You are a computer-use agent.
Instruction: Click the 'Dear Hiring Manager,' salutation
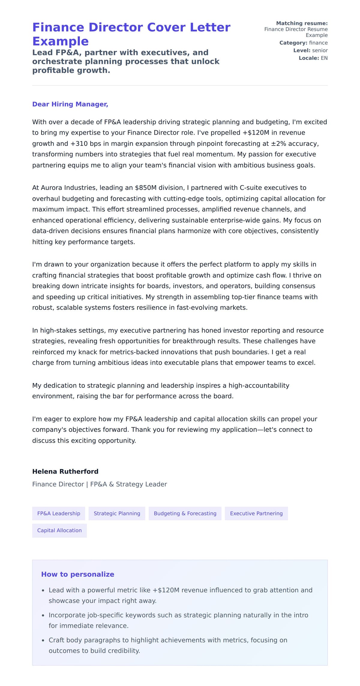(x=70, y=104)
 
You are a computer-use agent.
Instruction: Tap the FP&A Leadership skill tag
(x=58, y=513)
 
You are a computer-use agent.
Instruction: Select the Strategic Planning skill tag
(x=117, y=513)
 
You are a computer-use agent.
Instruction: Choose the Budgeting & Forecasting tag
(x=185, y=513)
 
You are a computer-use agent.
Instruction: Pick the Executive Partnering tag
(x=256, y=513)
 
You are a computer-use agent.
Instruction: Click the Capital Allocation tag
(x=59, y=530)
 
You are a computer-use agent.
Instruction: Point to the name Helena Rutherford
(x=65, y=471)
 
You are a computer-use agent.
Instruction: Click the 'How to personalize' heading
(x=77, y=574)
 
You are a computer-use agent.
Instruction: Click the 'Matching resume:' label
(x=301, y=23)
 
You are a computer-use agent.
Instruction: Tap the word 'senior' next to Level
(x=320, y=50)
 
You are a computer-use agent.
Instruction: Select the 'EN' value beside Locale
(x=324, y=58)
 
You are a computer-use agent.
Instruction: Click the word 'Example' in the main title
(x=60, y=41)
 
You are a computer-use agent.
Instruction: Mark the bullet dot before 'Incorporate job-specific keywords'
(x=43, y=615)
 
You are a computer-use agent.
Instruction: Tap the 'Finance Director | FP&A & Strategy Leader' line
(x=99, y=484)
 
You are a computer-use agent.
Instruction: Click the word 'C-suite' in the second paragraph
(x=250, y=188)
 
